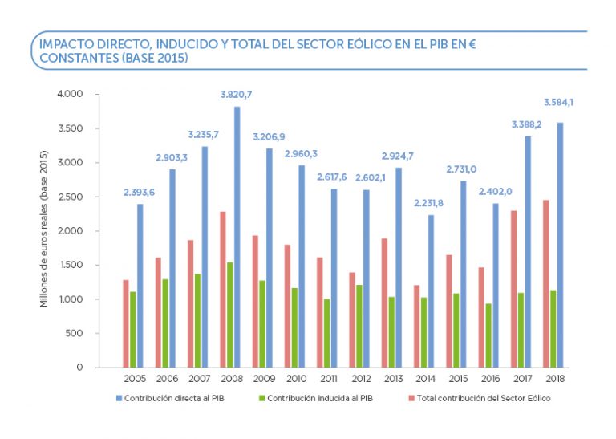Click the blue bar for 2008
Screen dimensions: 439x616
click(x=237, y=237)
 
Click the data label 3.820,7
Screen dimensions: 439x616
click(x=237, y=95)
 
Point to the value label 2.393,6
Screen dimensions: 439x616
click(x=140, y=193)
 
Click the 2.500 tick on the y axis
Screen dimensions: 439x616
click(x=71, y=197)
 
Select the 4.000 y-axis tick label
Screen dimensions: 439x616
click(x=71, y=94)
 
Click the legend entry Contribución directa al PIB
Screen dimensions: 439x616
click(x=168, y=398)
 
